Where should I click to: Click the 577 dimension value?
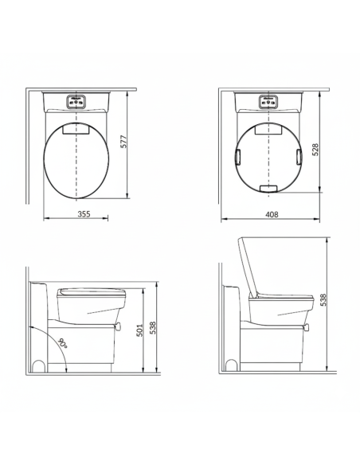pyautogui.click(x=124, y=142)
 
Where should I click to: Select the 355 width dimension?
pyautogui.click(x=84, y=214)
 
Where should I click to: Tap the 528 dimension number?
pyautogui.click(x=315, y=150)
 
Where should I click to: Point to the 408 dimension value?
pyautogui.click(x=272, y=214)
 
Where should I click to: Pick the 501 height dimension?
pyautogui.click(x=139, y=330)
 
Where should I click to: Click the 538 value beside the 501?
pyautogui.click(x=152, y=328)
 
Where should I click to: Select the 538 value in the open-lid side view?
pyautogui.click(x=323, y=299)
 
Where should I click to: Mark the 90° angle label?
pyautogui.click(x=63, y=343)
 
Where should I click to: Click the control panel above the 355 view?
pyautogui.click(x=76, y=101)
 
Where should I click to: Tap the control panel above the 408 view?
pyautogui.click(x=268, y=101)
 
